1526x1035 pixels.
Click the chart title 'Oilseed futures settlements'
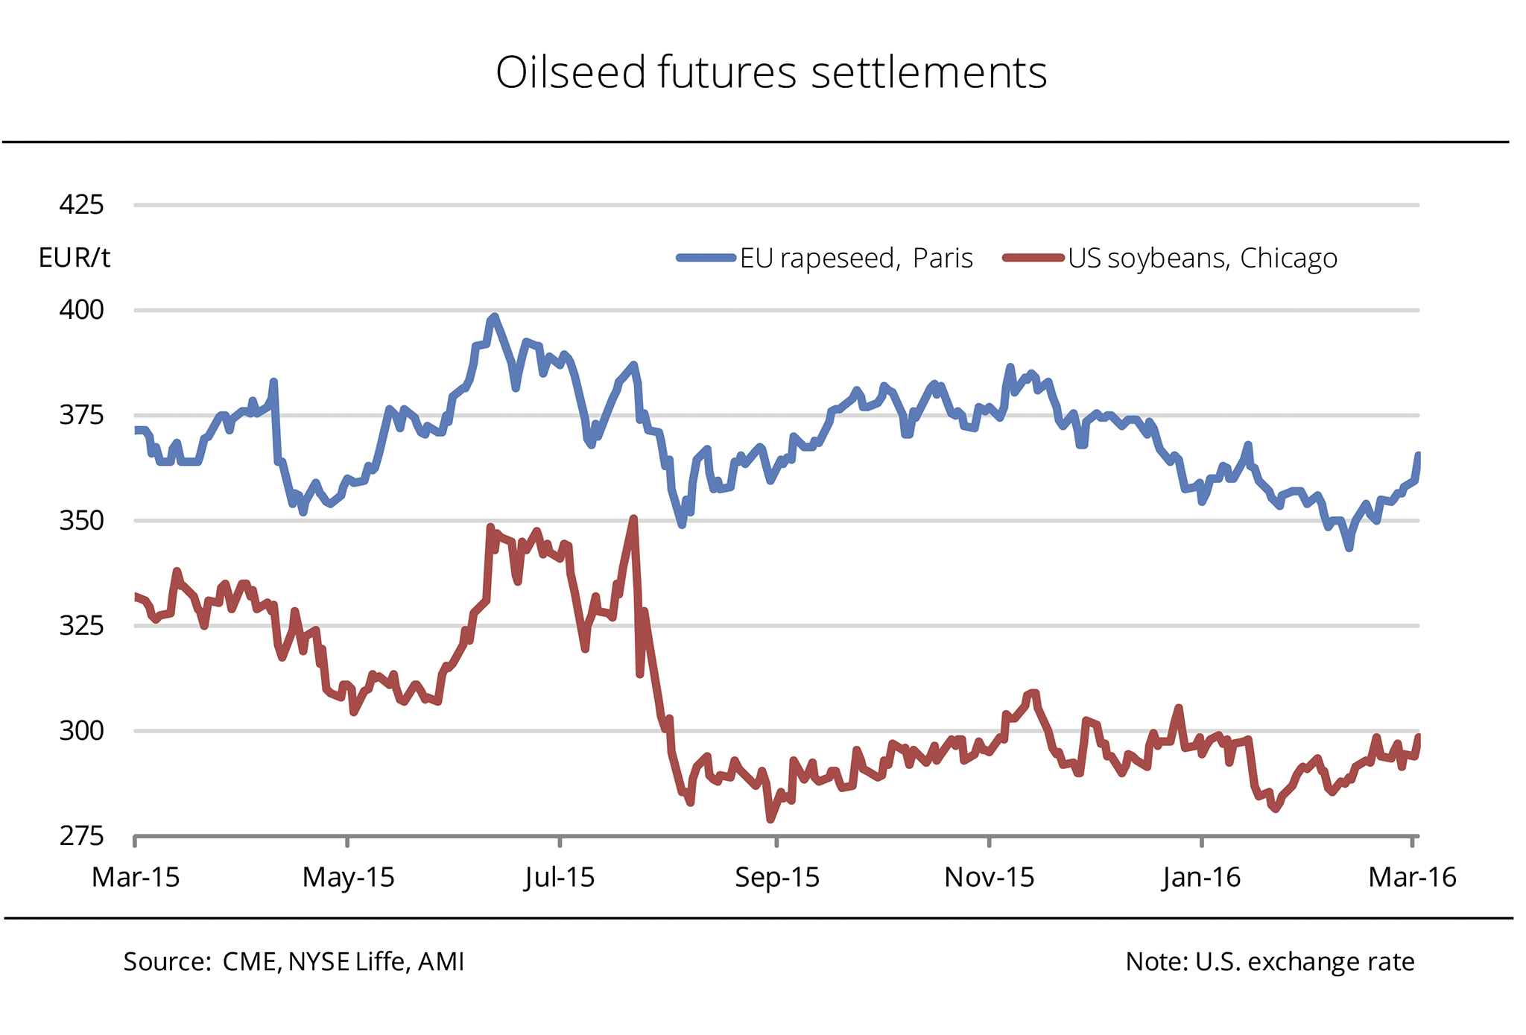(x=771, y=73)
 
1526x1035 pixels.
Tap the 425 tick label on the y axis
(x=81, y=204)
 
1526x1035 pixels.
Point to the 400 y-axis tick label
(x=81, y=309)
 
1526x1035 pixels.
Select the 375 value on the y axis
(x=81, y=415)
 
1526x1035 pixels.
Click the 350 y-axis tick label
(x=81, y=520)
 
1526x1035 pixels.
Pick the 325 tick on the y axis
(x=81, y=625)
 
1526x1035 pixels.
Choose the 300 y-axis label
(x=81, y=731)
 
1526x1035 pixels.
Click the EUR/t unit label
(x=75, y=258)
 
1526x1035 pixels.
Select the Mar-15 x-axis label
(x=136, y=878)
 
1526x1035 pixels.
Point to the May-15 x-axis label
(x=348, y=878)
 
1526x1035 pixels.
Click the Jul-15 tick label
(x=560, y=878)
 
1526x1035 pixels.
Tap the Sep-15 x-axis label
(x=777, y=878)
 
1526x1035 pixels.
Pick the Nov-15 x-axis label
(x=989, y=878)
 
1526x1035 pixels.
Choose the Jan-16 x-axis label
(x=1201, y=878)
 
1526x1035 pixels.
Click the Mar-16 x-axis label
(x=1412, y=878)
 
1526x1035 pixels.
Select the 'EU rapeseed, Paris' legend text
(x=856, y=259)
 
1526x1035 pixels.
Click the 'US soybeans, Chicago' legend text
(x=1202, y=259)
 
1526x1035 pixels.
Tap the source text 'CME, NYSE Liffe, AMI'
(x=343, y=962)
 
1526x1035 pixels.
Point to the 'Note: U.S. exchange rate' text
(x=1270, y=962)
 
